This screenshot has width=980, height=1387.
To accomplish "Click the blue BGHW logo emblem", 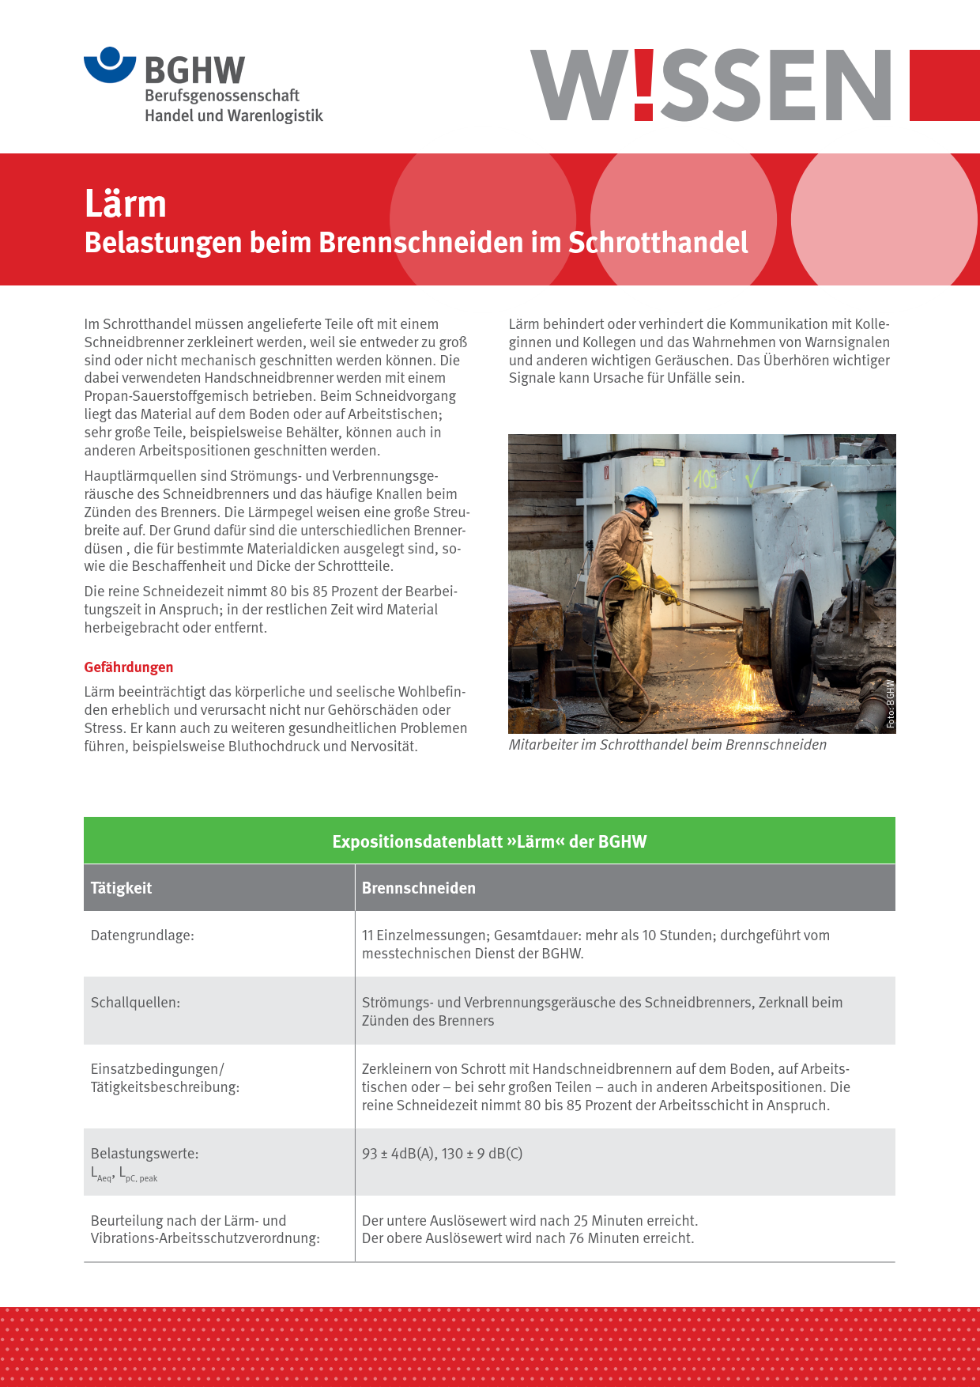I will pos(110,65).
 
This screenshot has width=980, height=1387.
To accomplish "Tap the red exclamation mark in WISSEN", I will pos(644,85).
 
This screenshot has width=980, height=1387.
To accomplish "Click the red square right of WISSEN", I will pos(944,85).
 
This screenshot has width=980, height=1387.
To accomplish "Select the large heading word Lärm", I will pos(126,204).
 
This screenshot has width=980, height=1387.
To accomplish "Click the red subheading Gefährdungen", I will pos(129,667).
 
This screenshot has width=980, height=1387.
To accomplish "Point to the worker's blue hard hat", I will pos(643,497).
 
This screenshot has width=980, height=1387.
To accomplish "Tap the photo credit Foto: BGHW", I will pos(890,704).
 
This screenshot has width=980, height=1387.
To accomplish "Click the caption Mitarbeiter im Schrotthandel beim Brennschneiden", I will pos(668,745).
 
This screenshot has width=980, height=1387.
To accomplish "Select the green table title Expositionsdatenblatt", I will pos(489,841).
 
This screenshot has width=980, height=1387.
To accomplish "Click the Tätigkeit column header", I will pos(121,888).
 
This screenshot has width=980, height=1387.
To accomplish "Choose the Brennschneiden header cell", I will pos(419,888).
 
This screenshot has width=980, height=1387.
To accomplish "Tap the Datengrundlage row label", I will pos(142,935).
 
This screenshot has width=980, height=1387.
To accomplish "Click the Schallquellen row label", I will pos(135,1003).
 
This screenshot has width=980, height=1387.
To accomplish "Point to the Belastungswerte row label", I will pos(145,1154).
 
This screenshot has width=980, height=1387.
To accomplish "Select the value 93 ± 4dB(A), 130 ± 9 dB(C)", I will pos(443,1154).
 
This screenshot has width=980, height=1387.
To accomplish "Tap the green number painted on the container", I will pos(706,479).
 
